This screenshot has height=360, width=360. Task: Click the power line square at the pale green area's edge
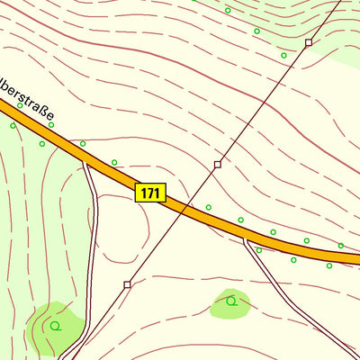tap(308, 42)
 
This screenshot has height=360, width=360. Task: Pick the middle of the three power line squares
tap(217, 165)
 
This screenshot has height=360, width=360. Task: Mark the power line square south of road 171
tap(127, 284)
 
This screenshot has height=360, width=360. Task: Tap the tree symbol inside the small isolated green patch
tap(231, 301)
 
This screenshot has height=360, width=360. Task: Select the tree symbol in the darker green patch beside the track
tap(55, 326)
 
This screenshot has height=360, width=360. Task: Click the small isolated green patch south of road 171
tap(230, 304)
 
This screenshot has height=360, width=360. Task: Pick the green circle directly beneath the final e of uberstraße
tap(51, 124)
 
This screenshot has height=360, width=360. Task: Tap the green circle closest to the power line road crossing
tap(208, 207)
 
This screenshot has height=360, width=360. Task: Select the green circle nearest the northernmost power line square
tap(283, 56)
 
